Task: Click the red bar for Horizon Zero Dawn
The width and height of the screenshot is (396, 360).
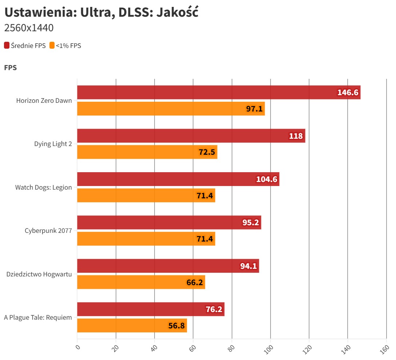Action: pos(218,92)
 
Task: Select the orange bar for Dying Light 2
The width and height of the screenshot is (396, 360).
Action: pos(147,152)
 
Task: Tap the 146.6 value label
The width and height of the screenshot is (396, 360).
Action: pos(348,93)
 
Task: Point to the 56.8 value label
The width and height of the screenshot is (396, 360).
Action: pos(177,326)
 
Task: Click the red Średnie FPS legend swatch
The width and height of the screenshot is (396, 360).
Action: pos(7,45)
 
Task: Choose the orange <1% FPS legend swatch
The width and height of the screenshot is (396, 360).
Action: pos(52,45)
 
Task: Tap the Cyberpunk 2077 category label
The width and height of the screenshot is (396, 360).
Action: pos(48,231)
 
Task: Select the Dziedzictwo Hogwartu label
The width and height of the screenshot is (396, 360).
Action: pos(39,274)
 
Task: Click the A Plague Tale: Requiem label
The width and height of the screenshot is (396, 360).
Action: pos(38,317)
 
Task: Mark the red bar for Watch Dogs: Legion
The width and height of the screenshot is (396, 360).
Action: pos(178,179)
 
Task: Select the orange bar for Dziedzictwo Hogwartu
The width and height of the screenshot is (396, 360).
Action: pos(141,282)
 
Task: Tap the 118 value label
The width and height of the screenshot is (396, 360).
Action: pos(296,136)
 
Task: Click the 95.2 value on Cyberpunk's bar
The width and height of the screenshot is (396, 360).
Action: pos(251,223)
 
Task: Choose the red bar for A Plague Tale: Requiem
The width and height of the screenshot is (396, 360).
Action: pos(151,309)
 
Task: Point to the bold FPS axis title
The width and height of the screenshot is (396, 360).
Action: pos(10,68)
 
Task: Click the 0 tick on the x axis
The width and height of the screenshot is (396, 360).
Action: pos(77,347)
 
